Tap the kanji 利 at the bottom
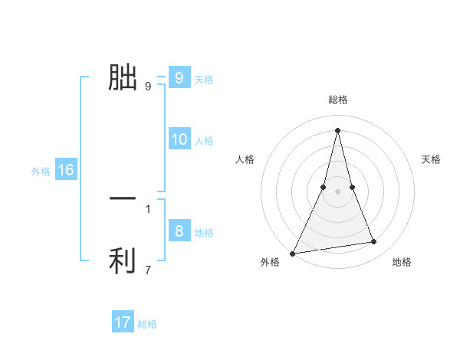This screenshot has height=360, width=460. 123,261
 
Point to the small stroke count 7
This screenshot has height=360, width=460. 148,270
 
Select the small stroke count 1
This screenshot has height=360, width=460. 148,208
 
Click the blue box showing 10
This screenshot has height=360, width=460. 179,139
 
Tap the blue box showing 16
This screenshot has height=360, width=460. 66,170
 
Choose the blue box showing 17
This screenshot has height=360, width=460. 123,322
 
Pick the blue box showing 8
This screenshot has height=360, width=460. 179,231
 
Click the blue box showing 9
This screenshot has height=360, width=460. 179,77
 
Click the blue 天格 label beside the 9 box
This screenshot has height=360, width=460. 204,79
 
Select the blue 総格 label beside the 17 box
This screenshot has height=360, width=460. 147,324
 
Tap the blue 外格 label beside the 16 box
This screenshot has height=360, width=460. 41,172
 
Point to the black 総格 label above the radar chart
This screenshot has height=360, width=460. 337,100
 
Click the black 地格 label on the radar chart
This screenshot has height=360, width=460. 402,262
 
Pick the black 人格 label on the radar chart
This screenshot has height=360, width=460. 245,159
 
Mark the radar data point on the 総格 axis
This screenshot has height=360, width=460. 337,129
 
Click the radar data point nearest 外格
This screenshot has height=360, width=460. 293,253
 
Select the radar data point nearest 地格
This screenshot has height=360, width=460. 374,242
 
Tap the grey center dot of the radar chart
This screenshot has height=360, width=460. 337,191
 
